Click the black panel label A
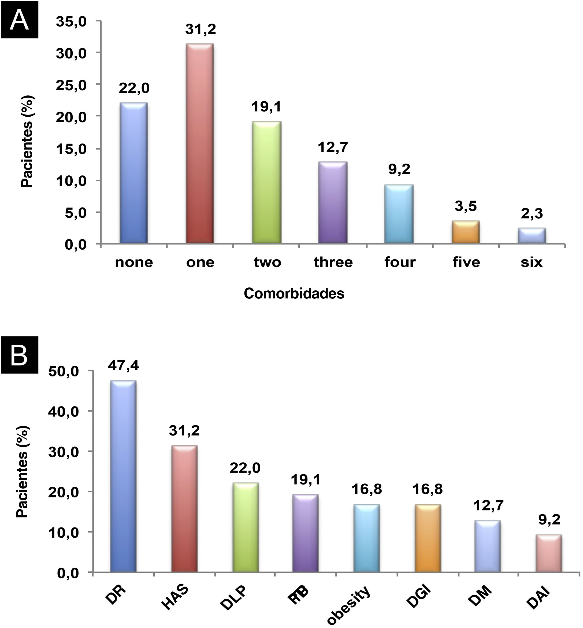[20, 20]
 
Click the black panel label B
[20, 355]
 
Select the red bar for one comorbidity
[200, 143]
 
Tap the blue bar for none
[134, 173]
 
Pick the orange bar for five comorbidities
[466, 232]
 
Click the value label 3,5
[466, 206]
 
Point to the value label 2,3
[532, 214]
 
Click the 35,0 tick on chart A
[71, 21]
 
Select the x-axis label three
[333, 262]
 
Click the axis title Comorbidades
[294, 294]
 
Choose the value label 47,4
[123, 365]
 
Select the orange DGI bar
[428, 538]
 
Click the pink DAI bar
[549, 553]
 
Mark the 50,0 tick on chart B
[64, 372]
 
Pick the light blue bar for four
[399, 214]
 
